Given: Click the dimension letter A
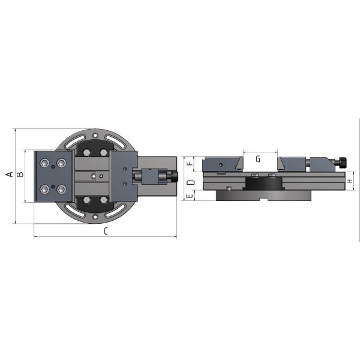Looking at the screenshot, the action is click(x=10, y=175).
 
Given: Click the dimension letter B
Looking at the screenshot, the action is click(x=20, y=175).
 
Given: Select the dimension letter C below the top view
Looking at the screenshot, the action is click(x=106, y=231).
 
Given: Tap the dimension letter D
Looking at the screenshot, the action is click(x=191, y=182).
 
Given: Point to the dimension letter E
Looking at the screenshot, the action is click(x=190, y=196).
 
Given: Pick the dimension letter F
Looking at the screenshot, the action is click(x=190, y=164).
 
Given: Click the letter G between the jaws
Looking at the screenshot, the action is click(x=258, y=159).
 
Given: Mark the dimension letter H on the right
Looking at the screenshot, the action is click(x=350, y=181).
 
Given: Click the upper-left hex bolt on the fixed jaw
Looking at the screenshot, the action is click(x=44, y=163).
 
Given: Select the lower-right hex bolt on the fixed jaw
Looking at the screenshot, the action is click(x=62, y=190).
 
